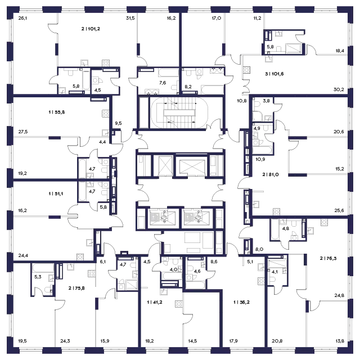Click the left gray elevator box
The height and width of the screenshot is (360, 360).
point(157,217)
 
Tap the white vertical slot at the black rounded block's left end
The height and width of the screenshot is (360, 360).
point(160,112)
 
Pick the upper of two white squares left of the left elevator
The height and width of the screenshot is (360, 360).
point(141,213)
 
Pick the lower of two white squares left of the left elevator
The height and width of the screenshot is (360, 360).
point(141,223)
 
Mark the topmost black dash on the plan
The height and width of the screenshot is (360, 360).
point(92,28)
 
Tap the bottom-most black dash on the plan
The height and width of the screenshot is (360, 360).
point(241,301)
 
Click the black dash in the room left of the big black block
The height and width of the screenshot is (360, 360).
point(56,112)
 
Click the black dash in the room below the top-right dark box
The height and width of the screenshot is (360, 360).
point(272,74)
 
